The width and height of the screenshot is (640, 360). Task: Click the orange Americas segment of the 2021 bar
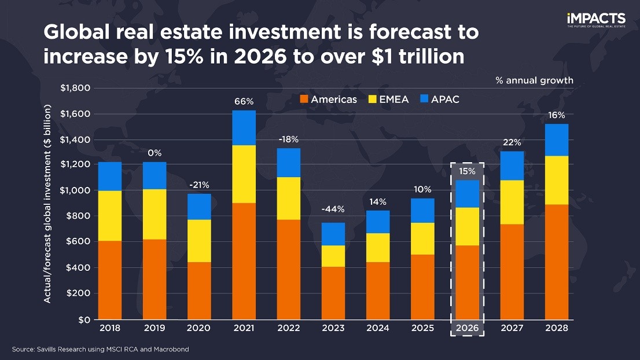(244, 260)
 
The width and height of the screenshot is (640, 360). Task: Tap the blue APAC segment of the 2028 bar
(557, 140)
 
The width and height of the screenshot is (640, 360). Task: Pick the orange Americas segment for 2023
(333, 292)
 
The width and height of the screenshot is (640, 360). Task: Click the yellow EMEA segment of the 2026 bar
(468, 226)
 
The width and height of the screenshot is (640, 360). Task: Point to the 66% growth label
(244, 102)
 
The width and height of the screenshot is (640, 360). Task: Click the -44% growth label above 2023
(333, 208)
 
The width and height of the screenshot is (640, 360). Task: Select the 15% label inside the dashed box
(468, 171)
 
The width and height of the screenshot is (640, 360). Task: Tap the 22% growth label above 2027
(512, 142)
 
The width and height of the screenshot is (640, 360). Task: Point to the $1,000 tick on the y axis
(75, 190)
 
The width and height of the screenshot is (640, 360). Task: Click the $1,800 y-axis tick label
(75, 89)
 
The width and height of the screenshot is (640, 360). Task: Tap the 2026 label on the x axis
(468, 328)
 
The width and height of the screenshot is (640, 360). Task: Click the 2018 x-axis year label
(110, 328)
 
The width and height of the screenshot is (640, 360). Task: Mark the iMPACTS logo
(595, 20)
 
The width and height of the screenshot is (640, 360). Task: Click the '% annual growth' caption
(534, 80)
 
